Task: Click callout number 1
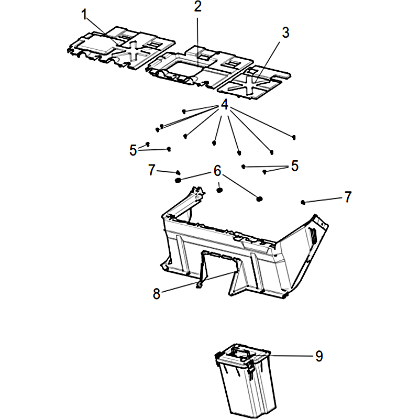pyautogui.click(x=84, y=15)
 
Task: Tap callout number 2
pyautogui.click(x=198, y=6)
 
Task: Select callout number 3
pyautogui.click(x=285, y=32)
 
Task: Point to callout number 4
pyautogui.click(x=225, y=104)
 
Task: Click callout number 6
pyautogui.click(x=217, y=171)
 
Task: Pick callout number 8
pyautogui.click(x=157, y=293)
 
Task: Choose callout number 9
pyautogui.click(x=319, y=356)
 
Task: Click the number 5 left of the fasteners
pyautogui.click(x=133, y=150)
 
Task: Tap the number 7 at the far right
pyautogui.click(x=348, y=197)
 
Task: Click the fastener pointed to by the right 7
pyautogui.click(x=303, y=202)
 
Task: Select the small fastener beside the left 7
pyautogui.click(x=178, y=172)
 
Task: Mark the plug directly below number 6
pyautogui.click(x=219, y=190)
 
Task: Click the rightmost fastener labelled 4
pyautogui.click(x=294, y=137)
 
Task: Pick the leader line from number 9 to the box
pyautogui.click(x=291, y=356)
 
